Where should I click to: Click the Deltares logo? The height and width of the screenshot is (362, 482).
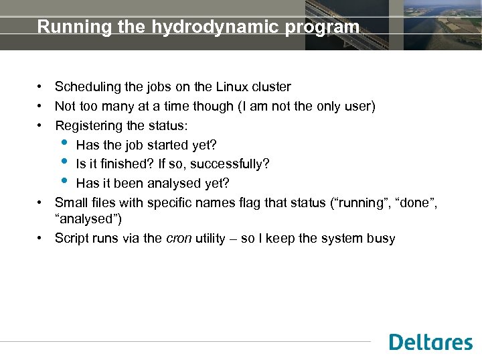tap(430, 342)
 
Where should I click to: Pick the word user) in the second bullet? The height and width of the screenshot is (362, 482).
tap(360, 107)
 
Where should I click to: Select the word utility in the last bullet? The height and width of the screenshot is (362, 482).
tap(212, 239)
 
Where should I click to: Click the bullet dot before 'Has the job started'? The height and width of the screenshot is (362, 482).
tap(64, 143)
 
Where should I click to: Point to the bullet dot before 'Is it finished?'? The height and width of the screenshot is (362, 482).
tap(64, 163)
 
